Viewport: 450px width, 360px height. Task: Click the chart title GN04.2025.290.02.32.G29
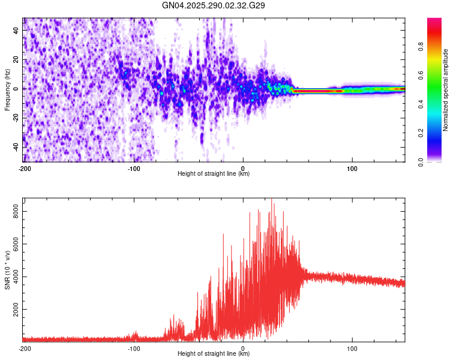point(214,5)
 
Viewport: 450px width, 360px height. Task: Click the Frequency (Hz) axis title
point(7,90)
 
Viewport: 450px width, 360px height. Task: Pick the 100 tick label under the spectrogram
point(352,168)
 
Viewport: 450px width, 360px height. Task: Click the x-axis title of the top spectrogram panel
point(214,174)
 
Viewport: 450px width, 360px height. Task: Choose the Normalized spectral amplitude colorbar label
point(446,90)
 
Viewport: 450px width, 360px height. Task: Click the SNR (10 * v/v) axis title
point(7,270)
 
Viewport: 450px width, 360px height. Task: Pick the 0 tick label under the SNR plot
point(243,348)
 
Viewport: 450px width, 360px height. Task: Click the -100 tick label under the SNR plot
point(133,348)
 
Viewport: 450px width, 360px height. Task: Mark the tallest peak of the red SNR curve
point(272,199)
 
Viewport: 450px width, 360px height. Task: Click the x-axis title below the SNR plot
point(214,354)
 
